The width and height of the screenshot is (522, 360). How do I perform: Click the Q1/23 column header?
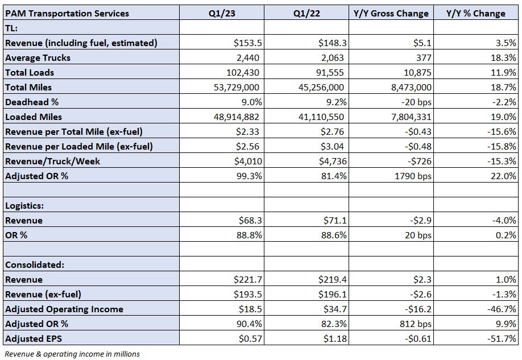click(222, 13)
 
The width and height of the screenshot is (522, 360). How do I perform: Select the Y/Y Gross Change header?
click(391, 13)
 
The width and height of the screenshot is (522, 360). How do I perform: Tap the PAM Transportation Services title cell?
click(67, 13)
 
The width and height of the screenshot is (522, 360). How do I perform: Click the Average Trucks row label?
click(38, 57)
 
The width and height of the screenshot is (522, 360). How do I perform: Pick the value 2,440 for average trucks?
click(248, 57)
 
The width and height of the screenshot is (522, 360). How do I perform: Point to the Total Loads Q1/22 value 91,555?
click(330, 73)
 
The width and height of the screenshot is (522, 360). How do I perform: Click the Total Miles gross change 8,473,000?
click(411, 87)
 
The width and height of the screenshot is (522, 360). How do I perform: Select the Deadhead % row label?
click(32, 102)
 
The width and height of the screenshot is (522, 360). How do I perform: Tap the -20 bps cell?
click(416, 102)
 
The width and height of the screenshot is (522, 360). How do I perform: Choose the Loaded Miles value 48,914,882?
click(237, 117)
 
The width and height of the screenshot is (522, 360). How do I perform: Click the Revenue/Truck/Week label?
click(52, 161)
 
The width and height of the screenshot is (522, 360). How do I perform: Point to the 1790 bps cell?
click(413, 176)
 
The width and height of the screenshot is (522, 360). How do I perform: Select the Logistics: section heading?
click(24, 205)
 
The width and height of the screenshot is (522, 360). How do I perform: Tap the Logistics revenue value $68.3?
click(250, 220)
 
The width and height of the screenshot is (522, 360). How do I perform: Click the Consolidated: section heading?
click(35, 265)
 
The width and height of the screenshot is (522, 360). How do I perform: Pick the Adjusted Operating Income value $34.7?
click(335, 309)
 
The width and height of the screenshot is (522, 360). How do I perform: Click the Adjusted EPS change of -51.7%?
click(502, 339)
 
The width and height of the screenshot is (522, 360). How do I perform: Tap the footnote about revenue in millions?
click(72, 354)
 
